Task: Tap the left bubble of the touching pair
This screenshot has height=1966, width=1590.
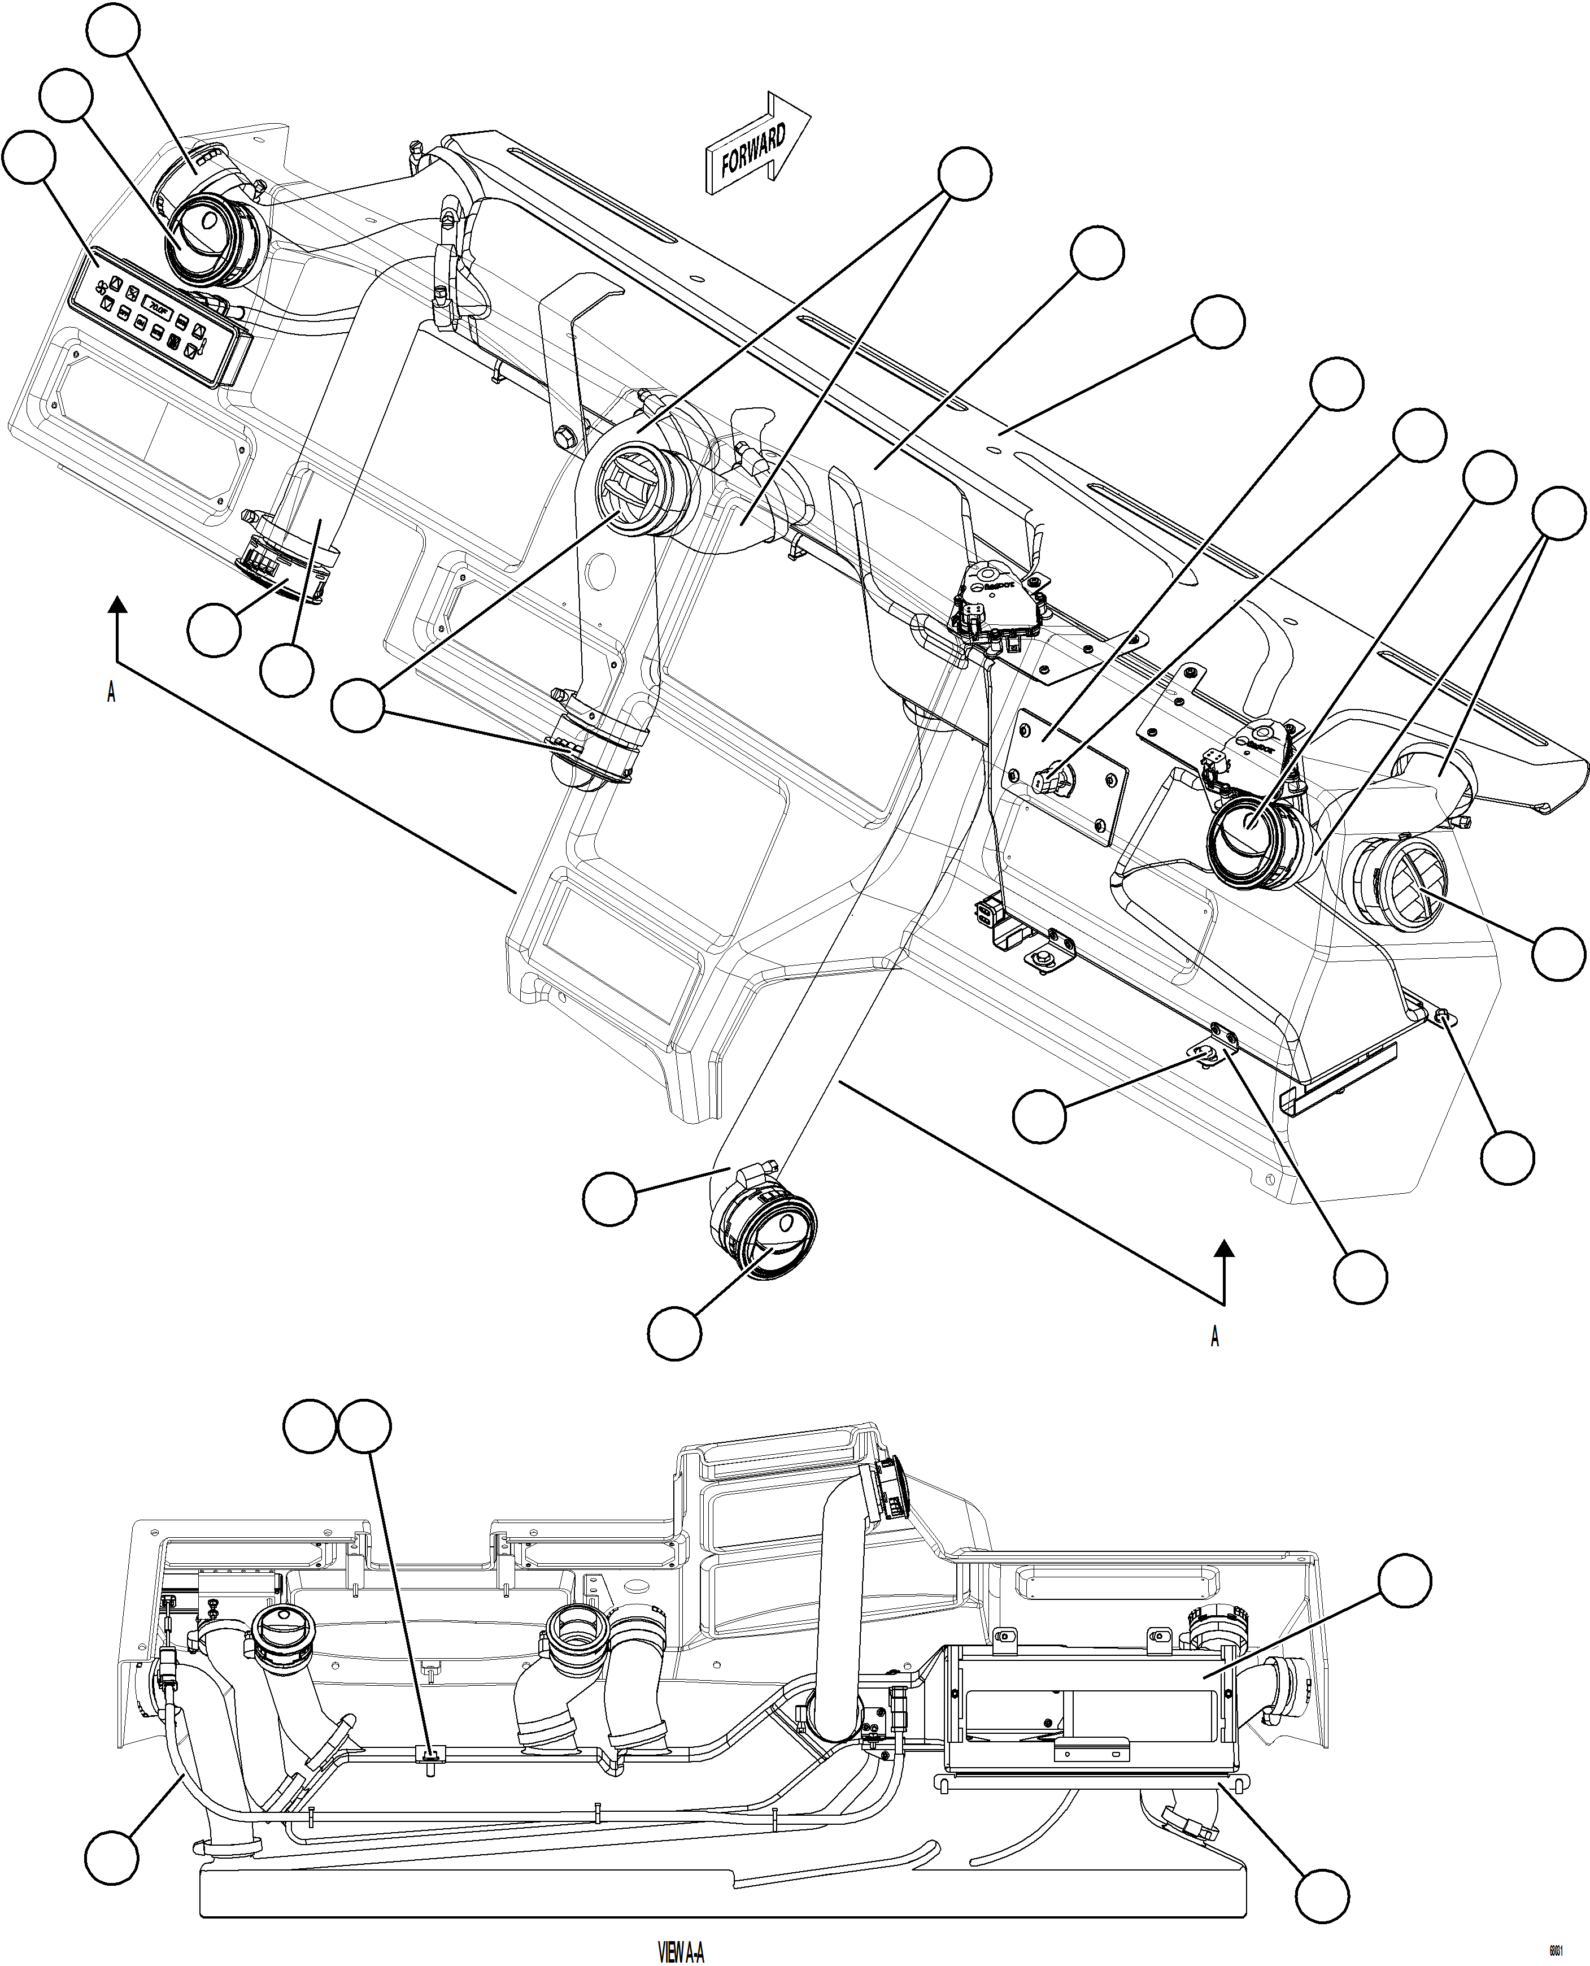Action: pos(310,1425)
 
